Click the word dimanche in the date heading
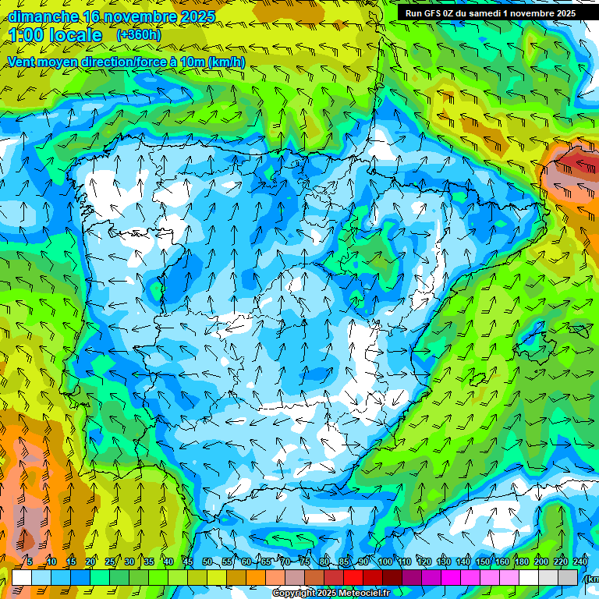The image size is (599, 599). click(43, 16)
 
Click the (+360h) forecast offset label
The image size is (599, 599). click(138, 34)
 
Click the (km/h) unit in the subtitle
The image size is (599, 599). click(226, 62)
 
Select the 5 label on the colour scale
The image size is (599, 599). click(30, 562)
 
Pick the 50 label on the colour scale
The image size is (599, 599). click(207, 562)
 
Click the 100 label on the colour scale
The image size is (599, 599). click(385, 562)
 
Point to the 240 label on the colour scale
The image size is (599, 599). click(580, 562)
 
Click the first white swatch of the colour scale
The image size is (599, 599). click(22, 577)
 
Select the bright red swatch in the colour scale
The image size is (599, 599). click(353, 577)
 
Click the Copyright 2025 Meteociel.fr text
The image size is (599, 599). click(331, 593)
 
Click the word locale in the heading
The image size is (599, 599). click(76, 35)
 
